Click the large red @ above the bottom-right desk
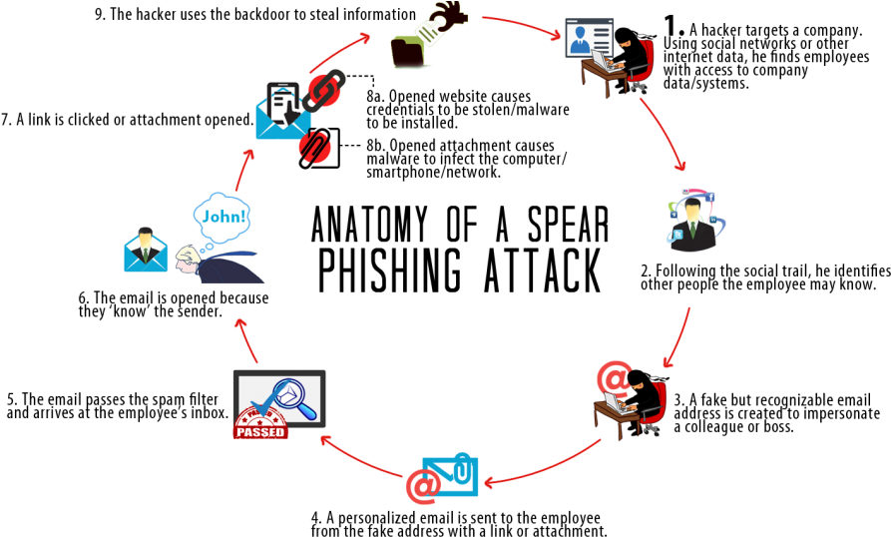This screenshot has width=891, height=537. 615,378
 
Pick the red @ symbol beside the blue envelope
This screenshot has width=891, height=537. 423,486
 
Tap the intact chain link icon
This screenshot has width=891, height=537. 325,88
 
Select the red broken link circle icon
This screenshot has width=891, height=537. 317,148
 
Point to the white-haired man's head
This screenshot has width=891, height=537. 187,263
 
